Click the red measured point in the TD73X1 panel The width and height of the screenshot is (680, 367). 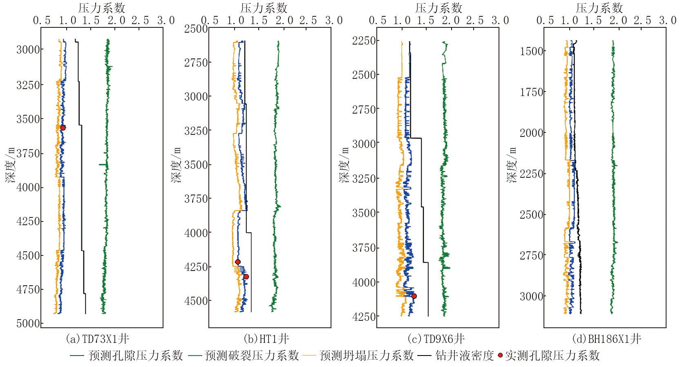click(x=63, y=128)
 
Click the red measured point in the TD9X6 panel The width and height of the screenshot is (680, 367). click(x=414, y=296)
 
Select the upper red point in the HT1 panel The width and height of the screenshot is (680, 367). click(x=238, y=262)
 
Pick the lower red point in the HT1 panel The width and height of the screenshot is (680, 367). click(x=246, y=277)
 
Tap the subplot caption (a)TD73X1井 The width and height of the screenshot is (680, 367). click(x=97, y=339)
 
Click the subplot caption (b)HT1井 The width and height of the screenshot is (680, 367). click(x=266, y=339)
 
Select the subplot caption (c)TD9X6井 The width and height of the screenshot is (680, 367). click(x=436, y=339)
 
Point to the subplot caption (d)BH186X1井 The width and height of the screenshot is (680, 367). click(x=606, y=339)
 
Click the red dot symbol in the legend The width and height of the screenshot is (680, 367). click(x=500, y=355)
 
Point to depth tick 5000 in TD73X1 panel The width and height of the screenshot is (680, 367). click(x=28, y=323)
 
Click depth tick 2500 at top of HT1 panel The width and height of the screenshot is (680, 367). click(x=196, y=29)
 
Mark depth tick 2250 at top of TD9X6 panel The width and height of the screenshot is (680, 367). click(x=364, y=40)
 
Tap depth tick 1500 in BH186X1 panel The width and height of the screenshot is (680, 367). click(x=532, y=51)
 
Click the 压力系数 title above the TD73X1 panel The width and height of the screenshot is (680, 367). click(x=102, y=8)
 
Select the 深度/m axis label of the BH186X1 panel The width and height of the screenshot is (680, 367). click(x=512, y=165)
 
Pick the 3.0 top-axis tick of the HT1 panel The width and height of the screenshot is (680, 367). click(x=334, y=20)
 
